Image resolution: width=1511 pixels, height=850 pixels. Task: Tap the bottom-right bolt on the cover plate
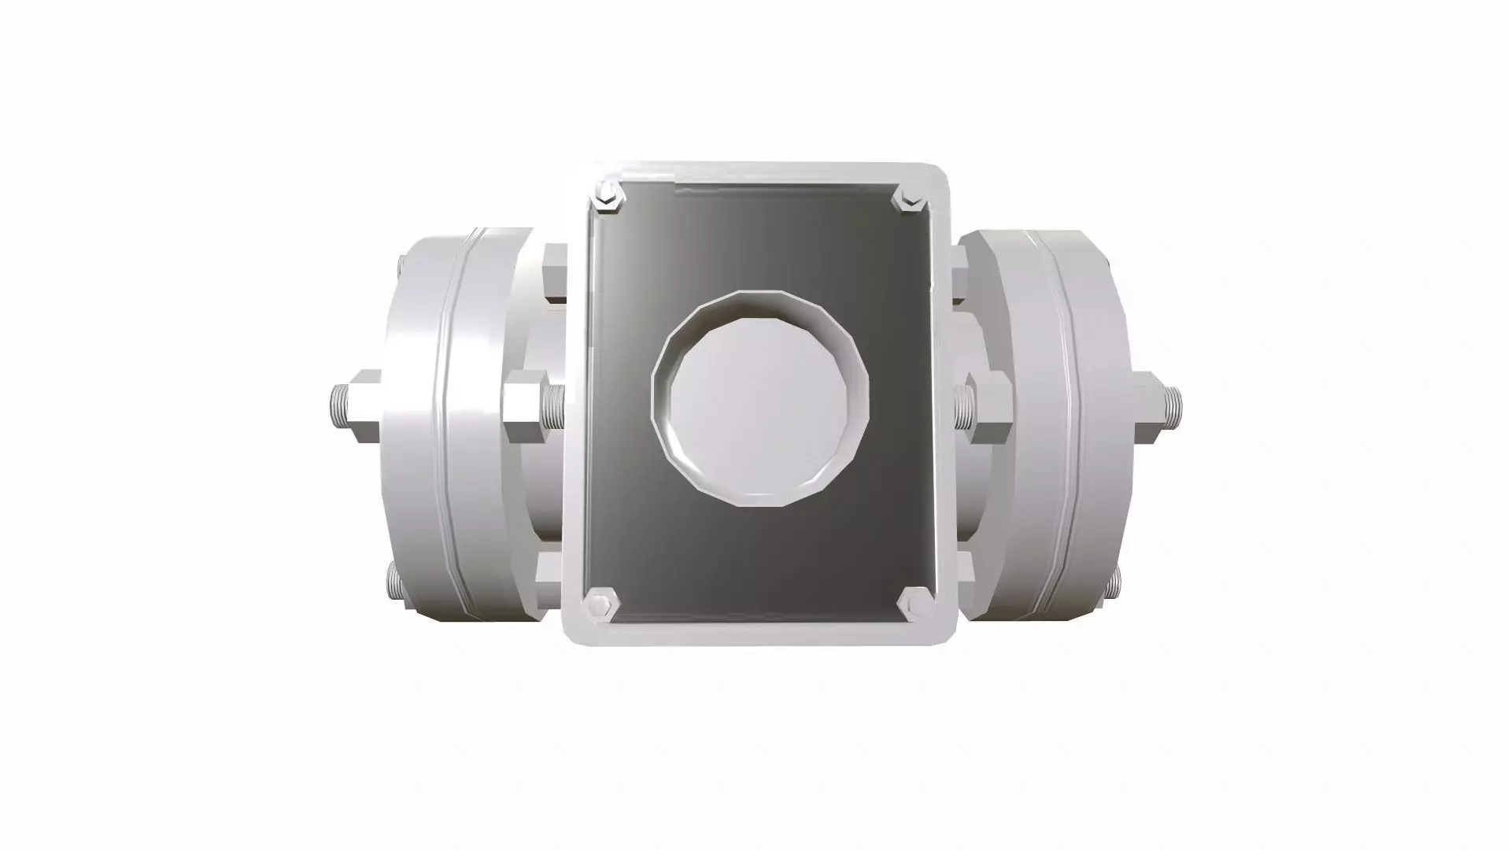pos(914,604)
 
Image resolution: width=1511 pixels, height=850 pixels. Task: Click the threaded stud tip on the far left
pos(336,405)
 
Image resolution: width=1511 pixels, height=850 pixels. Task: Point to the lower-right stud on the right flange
pos(1114,586)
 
